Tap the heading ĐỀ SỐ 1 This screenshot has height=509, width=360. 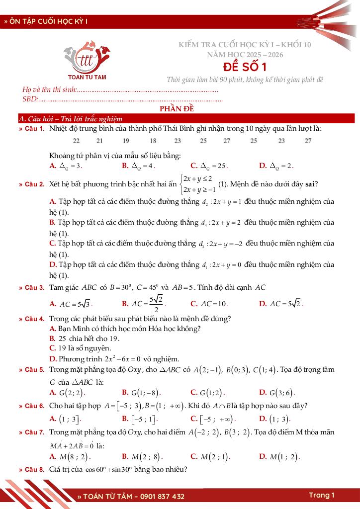tap(245, 67)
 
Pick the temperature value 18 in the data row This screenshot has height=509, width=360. tap(153, 141)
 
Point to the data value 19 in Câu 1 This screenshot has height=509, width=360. tap(126, 141)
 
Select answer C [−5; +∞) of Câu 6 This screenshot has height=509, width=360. tap(213, 419)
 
